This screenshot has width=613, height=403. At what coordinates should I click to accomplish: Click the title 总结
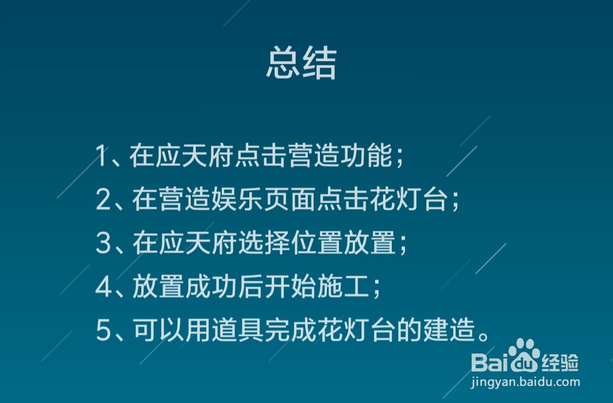(302, 63)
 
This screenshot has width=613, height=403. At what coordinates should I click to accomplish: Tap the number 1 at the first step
(102, 156)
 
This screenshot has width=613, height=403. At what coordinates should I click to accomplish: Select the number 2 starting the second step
(103, 200)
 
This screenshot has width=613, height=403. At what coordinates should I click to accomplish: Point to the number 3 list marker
(103, 243)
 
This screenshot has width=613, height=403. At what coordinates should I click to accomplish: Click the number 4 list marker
(103, 286)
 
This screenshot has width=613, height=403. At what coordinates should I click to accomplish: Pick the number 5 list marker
(103, 330)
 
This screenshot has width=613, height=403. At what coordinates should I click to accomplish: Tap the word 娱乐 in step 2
(238, 199)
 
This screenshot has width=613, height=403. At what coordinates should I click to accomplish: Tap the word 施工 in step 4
(343, 286)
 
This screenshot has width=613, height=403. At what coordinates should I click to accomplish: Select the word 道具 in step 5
(238, 330)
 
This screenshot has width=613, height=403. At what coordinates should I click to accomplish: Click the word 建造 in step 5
(449, 330)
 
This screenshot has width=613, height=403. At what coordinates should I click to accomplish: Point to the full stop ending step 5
(484, 336)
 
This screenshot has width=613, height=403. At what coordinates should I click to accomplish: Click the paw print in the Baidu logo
(525, 355)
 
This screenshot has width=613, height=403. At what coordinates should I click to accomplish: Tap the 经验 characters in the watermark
(560, 362)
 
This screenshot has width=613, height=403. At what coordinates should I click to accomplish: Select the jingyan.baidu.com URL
(526, 382)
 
